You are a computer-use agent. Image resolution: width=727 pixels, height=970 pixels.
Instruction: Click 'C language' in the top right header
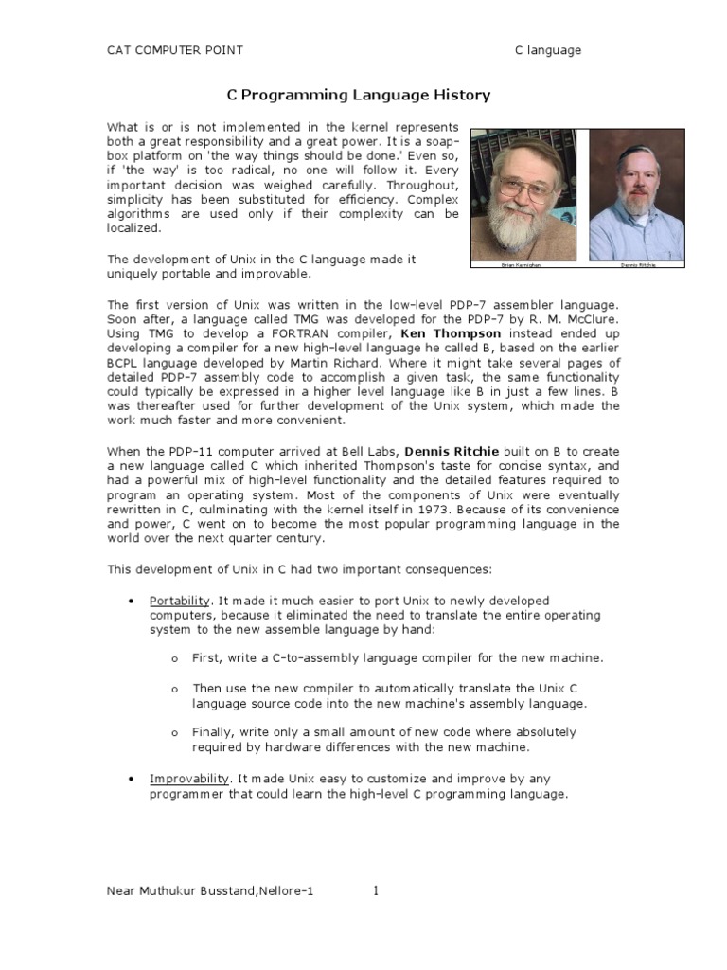pyautogui.click(x=547, y=50)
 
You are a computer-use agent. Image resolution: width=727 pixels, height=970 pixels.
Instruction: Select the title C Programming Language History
pyautogui.click(x=357, y=96)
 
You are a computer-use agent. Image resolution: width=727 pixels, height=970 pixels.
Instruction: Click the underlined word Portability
pyautogui.click(x=180, y=602)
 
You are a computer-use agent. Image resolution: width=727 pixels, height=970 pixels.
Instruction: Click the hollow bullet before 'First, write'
pyautogui.click(x=175, y=658)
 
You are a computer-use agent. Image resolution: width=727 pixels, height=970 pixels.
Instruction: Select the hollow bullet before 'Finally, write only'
pyautogui.click(x=175, y=733)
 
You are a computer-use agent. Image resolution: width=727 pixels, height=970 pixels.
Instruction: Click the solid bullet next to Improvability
pyautogui.click(x=131, y=779)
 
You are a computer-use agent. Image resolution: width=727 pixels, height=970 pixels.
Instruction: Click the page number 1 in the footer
pyautogui.click(x=376, y=890)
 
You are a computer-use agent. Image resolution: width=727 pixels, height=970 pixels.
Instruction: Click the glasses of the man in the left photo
pyautogui.click(x=525, y=185)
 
